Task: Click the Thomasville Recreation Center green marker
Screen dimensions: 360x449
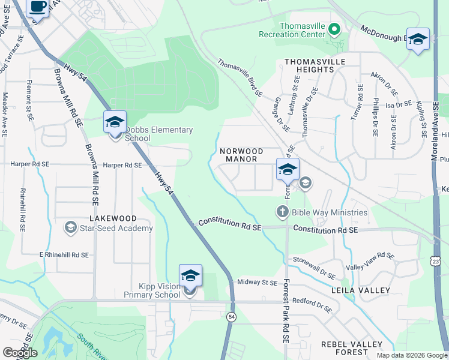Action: click(x=334, y=29)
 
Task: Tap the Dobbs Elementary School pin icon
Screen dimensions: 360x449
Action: click(x=115, y=124)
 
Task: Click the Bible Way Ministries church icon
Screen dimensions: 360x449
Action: click(x=282, y=212)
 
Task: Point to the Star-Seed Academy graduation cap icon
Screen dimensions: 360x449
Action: click(x=70, y=227)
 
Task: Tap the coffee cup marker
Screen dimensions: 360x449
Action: click(x=38, y=7)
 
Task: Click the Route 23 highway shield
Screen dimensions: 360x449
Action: click(x=436, y=261)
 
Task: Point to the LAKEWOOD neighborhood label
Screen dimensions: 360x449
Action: click(x=113, y=218)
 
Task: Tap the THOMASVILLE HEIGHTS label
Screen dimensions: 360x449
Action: click(x=309, y=65)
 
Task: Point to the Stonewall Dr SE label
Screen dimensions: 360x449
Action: click(x=313, y=268)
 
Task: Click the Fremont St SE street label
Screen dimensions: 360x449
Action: click(x=29, y=101)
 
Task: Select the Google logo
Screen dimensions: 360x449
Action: click(x=20, y=353)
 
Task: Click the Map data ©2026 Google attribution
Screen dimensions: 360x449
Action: click(x=412, y=355)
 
